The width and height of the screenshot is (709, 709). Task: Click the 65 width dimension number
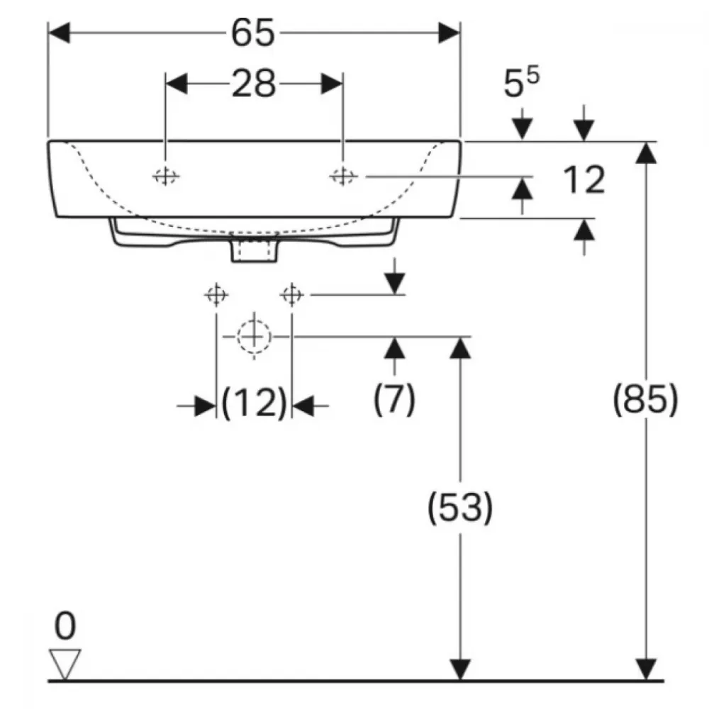[x=253, y=33]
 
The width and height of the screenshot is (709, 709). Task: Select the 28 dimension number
[x=254, y=84]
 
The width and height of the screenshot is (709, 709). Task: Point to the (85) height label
[x=645, y=399]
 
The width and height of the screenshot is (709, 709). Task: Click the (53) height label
[x=460, y=507]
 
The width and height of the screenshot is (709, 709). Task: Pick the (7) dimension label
[x=394, y=399]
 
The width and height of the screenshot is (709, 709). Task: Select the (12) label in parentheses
[x=254, y=402]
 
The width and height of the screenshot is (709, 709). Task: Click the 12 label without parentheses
[x=584, y=179]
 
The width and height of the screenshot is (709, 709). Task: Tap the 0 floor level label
[x=65, y=625]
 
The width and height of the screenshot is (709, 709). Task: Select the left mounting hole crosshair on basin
[x=165, y=177]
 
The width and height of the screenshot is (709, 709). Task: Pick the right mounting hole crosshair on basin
[x=342, y=177]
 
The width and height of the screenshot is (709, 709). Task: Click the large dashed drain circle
[x=254, y=336]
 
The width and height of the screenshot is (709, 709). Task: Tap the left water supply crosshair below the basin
[x=216, y=295]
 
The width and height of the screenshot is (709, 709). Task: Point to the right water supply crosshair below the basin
[x=291, y=295]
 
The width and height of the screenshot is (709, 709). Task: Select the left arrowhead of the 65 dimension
[x=59, y=33]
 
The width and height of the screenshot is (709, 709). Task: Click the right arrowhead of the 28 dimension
[x=332, y=84]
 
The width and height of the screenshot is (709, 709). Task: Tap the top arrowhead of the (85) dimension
[x=646, y=152]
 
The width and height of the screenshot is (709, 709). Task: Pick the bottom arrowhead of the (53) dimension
[x=460, y=669]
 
